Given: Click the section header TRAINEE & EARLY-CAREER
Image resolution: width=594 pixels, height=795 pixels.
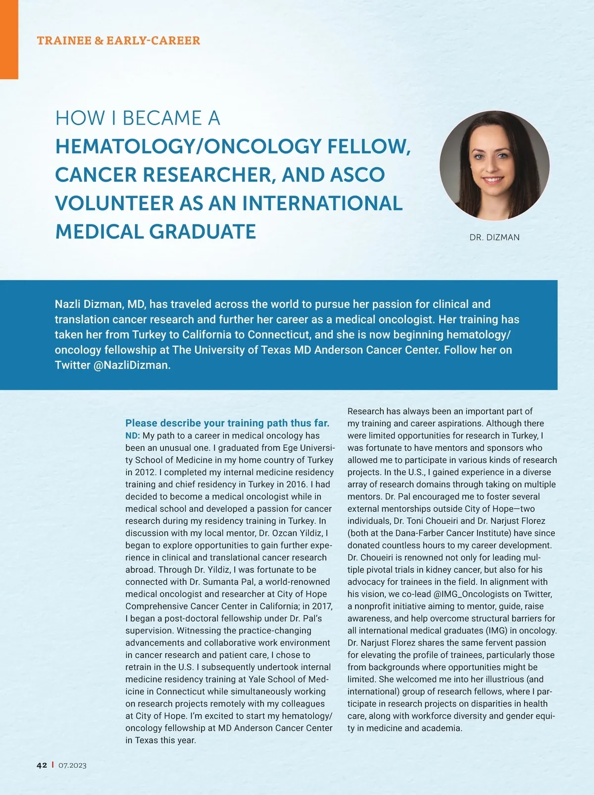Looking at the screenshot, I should (x=118, y=41).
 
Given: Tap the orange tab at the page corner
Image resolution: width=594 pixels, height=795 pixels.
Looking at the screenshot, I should (x=9, y=40).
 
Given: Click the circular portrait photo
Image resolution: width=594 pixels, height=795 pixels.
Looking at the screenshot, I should (x=494, y=165).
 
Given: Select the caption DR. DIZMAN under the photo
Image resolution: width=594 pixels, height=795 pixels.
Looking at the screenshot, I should (x=495, y=238).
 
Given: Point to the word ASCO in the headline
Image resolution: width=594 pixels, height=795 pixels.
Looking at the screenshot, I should (x=358, y=175).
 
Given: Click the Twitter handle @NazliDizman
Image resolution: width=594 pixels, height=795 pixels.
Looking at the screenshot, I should (x=132, y=365).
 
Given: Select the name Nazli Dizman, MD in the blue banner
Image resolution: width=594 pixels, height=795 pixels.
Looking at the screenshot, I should (x=100, y=304).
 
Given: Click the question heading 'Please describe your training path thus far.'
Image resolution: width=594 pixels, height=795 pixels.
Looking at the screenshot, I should (x=227, y=423).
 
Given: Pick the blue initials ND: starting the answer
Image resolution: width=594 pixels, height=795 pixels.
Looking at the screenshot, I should (x=133, y=436).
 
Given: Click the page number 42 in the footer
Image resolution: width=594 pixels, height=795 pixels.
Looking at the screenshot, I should (x=42, y=765).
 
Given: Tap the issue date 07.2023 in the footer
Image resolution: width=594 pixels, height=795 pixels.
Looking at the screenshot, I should (x=72, y=765).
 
